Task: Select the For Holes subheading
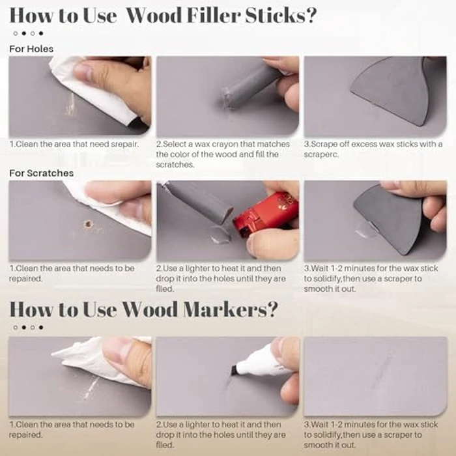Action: click(x=31, y=49)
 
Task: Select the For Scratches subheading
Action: click(x=41, y=173)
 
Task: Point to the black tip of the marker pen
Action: click(x=233, y=370)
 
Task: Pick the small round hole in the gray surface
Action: click(x=88, y=224)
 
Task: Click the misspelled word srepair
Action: click(x=121, y=144)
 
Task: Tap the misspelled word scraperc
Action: click(x=322, y=154)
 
